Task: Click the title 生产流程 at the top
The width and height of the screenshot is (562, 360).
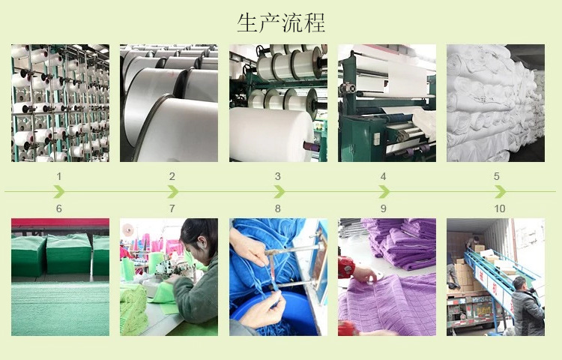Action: click(281, 22)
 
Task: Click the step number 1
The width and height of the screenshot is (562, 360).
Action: click(59, 177)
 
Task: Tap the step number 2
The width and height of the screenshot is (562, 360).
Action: click(172, 177)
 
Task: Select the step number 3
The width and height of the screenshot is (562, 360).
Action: click(278, 177)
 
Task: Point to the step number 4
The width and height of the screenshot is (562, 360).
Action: click(384, 177)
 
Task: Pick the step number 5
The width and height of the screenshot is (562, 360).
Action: click(496, 177)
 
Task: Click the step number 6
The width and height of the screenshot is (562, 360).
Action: click(59, 208)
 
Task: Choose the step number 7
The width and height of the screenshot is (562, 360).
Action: click(172, 208)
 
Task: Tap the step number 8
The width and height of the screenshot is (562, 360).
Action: click(278, 208)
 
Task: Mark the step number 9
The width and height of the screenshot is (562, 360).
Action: click(384, 208)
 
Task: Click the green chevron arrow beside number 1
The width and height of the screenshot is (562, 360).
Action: click(59, 192)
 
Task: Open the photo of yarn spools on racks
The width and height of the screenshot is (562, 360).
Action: click(60, 103)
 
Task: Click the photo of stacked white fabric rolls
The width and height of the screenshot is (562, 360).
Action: click(495, 103)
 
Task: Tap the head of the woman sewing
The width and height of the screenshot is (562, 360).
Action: click(198, 233)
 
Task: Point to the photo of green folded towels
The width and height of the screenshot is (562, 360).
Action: click(60, 277)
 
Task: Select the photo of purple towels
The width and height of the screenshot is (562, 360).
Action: click(387, 277)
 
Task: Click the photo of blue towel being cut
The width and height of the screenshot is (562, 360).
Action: click(278, 277)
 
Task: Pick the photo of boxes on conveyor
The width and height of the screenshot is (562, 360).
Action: click(495, 277)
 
